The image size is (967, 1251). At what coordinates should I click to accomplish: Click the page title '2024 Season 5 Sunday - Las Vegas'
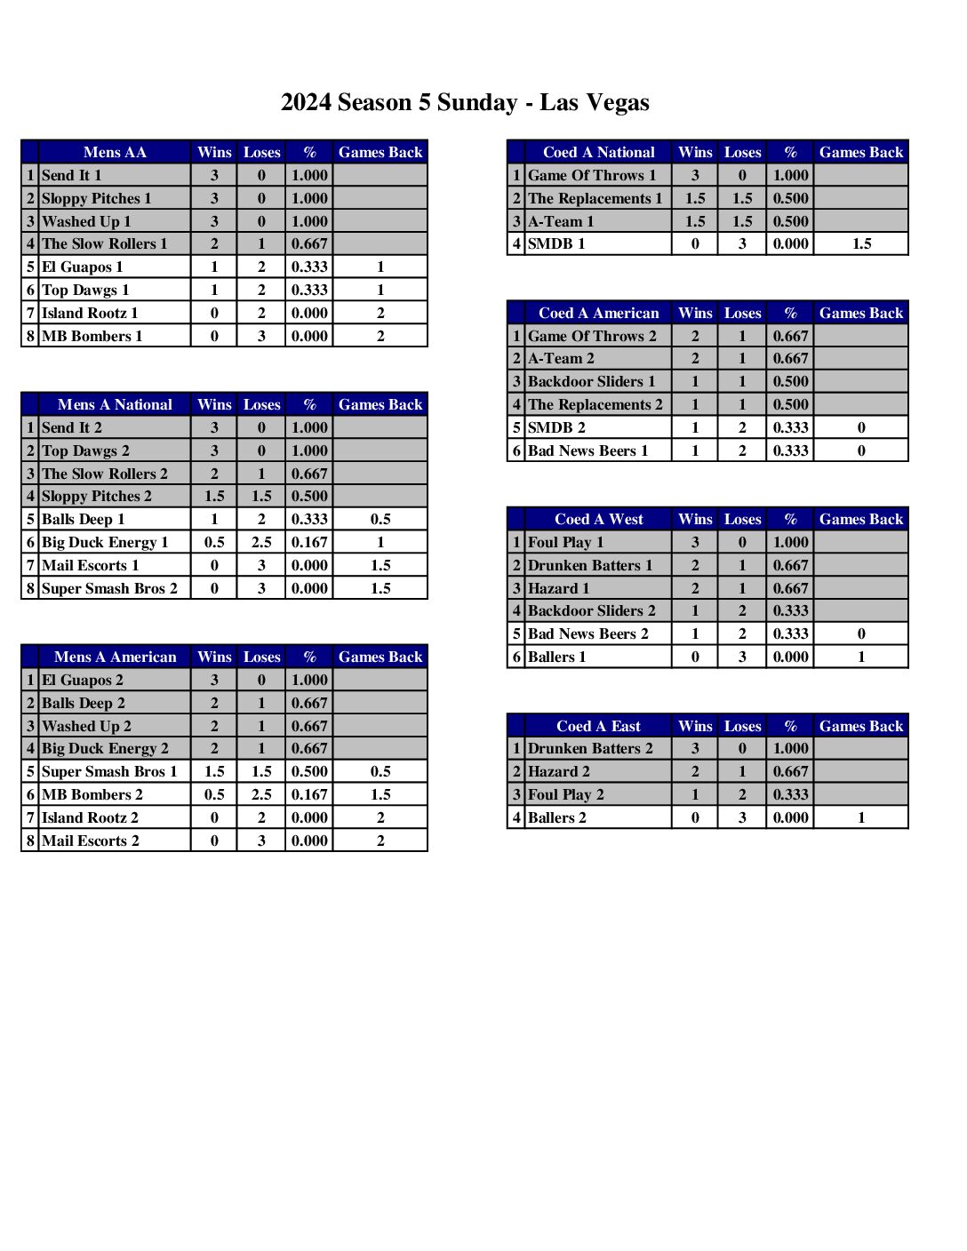(465, 103)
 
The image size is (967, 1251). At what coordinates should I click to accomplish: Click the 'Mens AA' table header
(115, 153)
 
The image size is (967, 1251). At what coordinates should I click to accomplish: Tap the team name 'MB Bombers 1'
(92, 337)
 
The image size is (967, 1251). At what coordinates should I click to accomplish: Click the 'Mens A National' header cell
(115, 405)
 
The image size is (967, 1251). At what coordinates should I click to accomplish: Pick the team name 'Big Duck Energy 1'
(105, 543)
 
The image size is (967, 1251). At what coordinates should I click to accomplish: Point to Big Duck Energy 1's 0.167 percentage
(309, 543)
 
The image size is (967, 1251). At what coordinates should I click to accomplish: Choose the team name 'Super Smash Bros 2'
(109, 589)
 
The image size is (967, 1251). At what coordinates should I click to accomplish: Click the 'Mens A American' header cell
(115, 657)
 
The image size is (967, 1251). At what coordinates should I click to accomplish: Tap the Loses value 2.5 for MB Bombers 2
(261, 795)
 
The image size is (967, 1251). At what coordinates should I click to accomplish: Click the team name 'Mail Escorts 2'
(91, 841)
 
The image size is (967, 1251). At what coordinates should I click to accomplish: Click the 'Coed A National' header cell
(598, 153)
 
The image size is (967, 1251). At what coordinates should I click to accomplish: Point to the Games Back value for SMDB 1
(861, 244)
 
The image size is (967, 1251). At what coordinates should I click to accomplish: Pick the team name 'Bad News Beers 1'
(588, 451)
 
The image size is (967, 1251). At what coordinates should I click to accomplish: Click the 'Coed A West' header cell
(598, 520)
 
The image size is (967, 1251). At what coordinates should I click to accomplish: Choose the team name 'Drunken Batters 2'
(590, 749)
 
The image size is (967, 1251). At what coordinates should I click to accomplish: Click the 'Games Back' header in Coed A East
(861, 727)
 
